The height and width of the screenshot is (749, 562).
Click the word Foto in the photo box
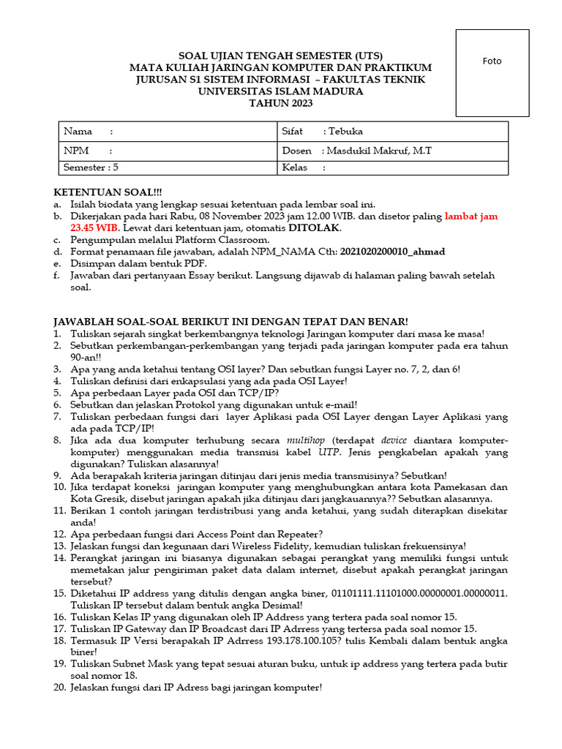coord(492,61)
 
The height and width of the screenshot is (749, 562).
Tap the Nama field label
coord(78,132)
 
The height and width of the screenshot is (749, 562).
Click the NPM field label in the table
coord(77,151)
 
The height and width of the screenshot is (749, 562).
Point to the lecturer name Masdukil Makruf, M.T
coord(378,151)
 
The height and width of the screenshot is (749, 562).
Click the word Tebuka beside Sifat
coord(345,132)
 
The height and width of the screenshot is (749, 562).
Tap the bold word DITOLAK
coord(315,228)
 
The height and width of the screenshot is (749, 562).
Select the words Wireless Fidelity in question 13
coord(250,546)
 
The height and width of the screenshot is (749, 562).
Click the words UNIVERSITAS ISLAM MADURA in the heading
coord(280,91)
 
